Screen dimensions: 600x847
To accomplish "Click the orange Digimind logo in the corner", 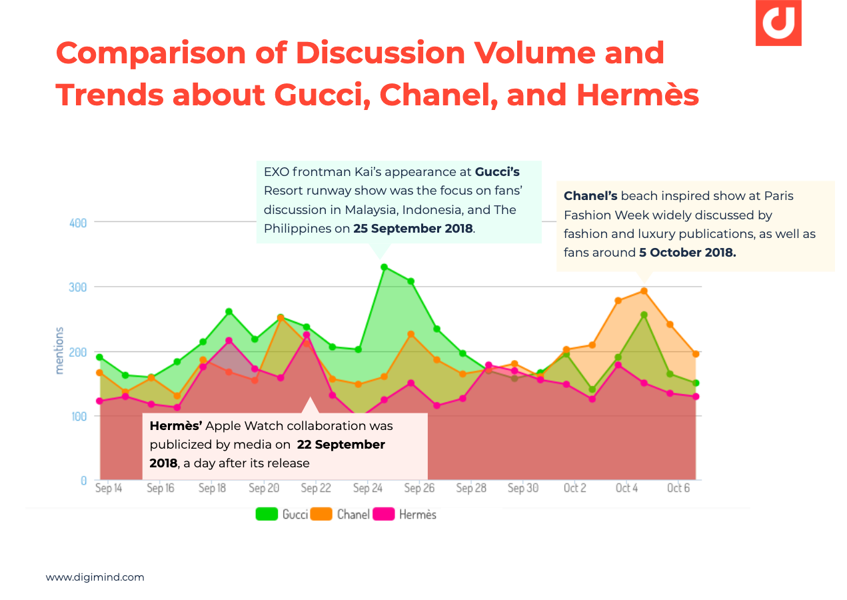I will coord(778,23).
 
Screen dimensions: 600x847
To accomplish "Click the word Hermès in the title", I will coord(638,95).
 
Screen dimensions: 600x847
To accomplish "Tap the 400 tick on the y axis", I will coord(79,223).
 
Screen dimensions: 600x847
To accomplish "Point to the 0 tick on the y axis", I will coord(83,480).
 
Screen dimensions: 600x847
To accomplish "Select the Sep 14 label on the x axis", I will coord(109,489).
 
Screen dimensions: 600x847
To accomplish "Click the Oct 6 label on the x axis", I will coord(678,489).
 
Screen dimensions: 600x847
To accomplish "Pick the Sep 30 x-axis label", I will coord(523,489).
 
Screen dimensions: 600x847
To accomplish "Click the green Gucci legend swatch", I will coord(267,514).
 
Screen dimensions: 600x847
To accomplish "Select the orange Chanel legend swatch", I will coord(323,514).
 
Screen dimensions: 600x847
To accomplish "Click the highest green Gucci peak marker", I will coord(384,267).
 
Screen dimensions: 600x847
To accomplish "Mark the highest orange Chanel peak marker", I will coord(644,291).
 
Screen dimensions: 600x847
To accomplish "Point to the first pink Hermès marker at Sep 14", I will coord(99,401).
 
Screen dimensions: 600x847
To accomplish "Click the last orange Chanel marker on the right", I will coord(696,354).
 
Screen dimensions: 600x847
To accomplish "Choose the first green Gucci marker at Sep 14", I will coord(99,357).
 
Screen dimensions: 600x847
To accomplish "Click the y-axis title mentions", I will coord(59,350).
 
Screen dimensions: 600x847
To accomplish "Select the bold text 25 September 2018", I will coord(413,229).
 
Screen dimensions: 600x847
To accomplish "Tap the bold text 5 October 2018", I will coord(688,253).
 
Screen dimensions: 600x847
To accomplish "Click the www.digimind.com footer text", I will coord(95,577).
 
